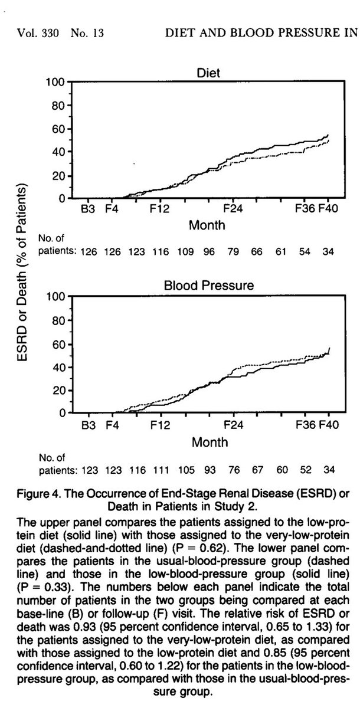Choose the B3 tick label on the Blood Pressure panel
[89, 424]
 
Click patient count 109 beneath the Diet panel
[186, 251]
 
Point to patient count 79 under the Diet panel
[234, 251]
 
